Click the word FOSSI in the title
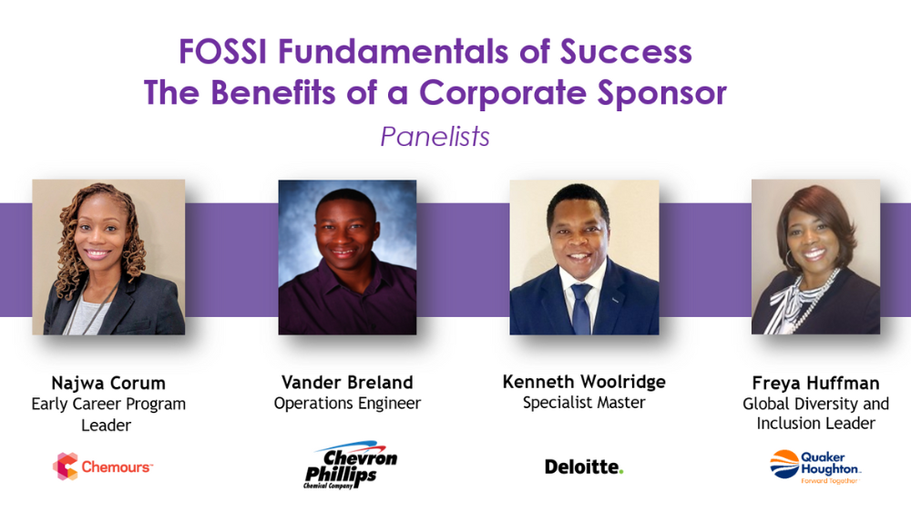coord(222,51)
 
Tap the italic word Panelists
coord(435,137)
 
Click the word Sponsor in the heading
coord(662,94)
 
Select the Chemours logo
coord(102,467)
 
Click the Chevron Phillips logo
coord(351,465)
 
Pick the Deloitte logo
coord(584,467)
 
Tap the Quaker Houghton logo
coord(815,467)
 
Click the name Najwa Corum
coord(108,383)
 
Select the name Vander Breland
coord(347,383)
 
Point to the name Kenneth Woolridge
coord(584,382)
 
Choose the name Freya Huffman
coord(815,383)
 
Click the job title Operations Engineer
coord(347,403)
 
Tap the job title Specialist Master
coord(584,402)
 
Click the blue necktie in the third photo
coord(581,309)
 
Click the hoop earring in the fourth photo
coord(790,259)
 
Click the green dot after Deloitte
coord(621,471)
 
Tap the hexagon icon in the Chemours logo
coord(65,467)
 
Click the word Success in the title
coord(627,51)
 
